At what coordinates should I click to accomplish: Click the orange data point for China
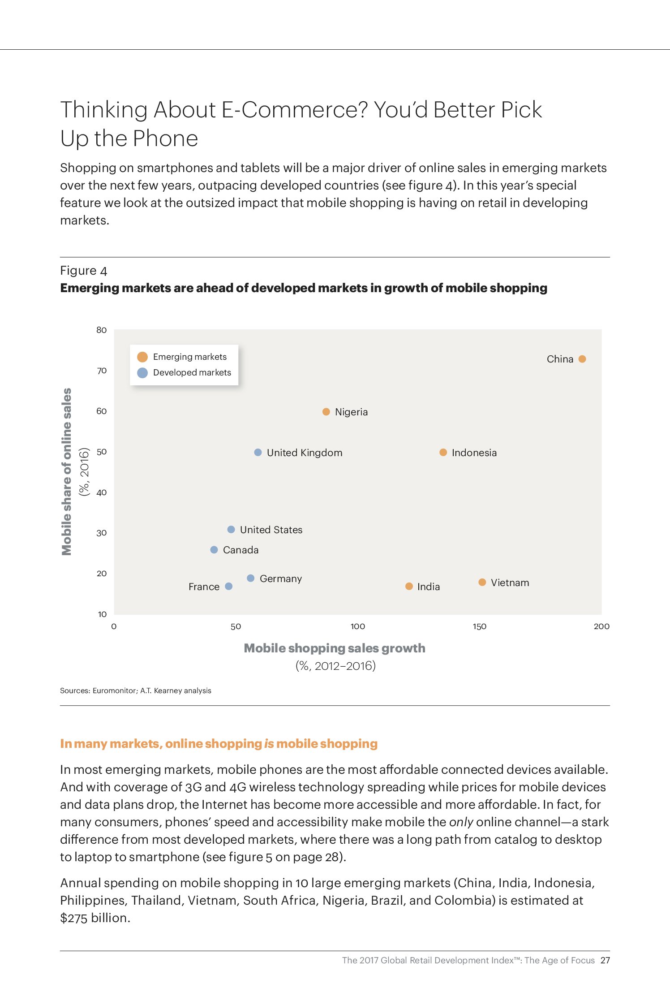582,359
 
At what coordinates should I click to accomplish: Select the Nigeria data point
326,412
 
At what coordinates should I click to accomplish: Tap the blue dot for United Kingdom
258,453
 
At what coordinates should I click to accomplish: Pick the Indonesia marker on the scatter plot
443,453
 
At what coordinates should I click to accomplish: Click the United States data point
231,530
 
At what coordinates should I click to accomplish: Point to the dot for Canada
214,550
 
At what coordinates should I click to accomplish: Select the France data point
228,587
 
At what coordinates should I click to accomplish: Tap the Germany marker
251,578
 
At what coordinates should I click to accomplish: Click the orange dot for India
409,587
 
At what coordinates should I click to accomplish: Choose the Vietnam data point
482,582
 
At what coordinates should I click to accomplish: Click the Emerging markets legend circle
142,357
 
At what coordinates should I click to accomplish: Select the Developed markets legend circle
142,373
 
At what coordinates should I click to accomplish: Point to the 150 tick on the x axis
479,626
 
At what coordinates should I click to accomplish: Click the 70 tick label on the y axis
102,371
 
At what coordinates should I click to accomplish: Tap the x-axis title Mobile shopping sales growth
335,648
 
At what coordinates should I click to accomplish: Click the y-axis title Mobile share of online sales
66,471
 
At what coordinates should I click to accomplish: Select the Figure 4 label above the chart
84,271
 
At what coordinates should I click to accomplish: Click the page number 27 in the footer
605,960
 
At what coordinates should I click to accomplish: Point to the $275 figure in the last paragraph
74,918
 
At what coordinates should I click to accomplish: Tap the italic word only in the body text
461,822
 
